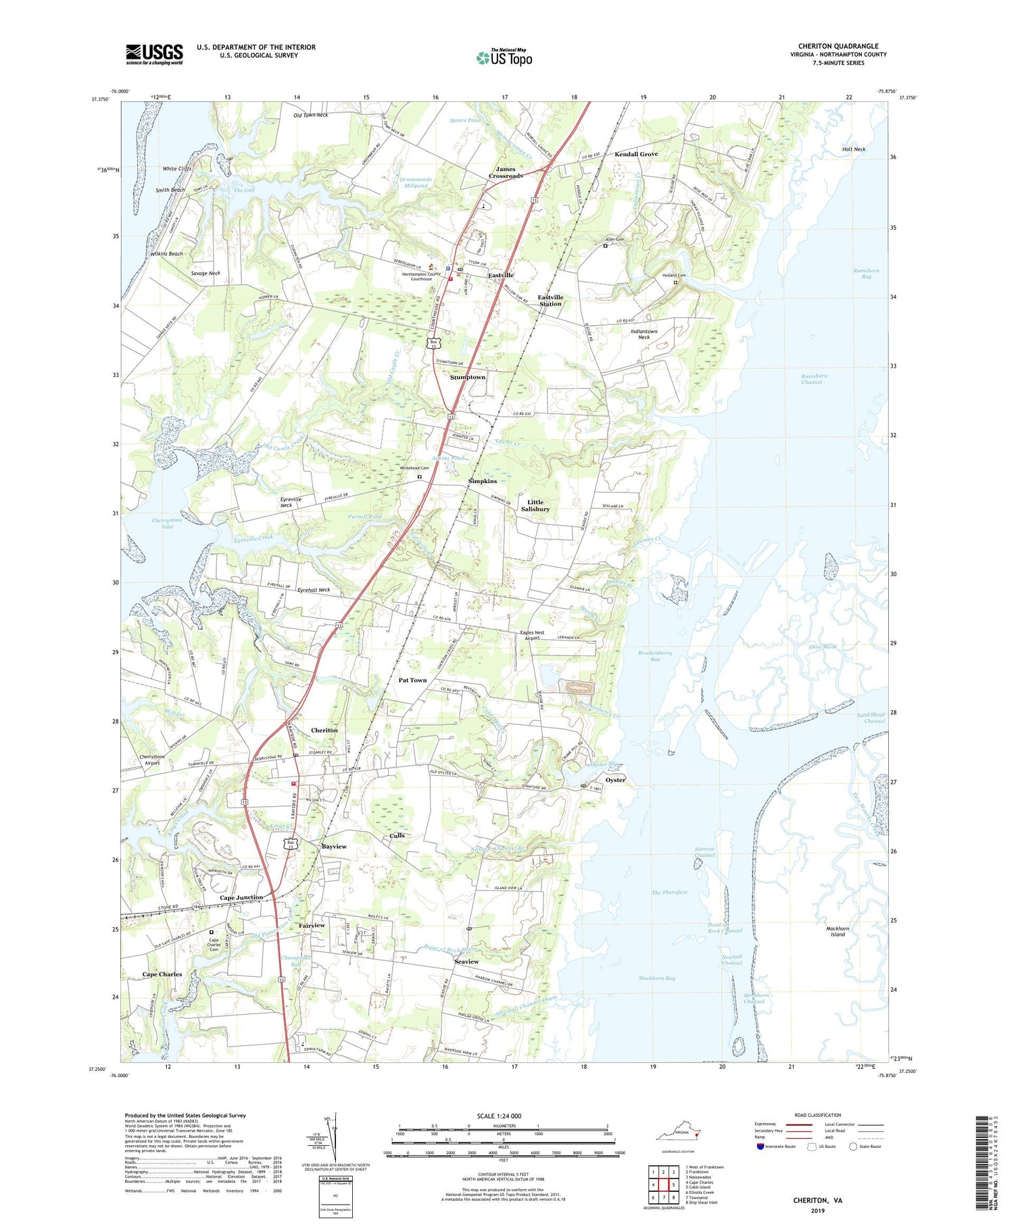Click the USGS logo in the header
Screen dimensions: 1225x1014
point(154,54)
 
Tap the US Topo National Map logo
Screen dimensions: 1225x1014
point(504,58)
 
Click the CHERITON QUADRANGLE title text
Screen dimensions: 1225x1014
point(838,46)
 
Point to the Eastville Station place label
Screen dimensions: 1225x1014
point(550,301)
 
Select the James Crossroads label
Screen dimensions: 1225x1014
point(506,172)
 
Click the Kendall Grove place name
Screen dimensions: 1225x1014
point(635,154)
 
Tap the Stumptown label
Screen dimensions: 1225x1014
point(468,377)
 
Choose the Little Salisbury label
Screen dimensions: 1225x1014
point(535,505)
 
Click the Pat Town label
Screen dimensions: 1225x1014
point(412,680)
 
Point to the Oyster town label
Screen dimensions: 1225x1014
point(615,780)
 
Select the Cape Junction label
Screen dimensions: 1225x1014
point(241,897)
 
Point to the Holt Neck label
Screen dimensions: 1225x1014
point(854,149)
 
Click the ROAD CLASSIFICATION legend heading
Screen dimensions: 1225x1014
point(813,1115)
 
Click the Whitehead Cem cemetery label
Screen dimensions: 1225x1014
point(414,468)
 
